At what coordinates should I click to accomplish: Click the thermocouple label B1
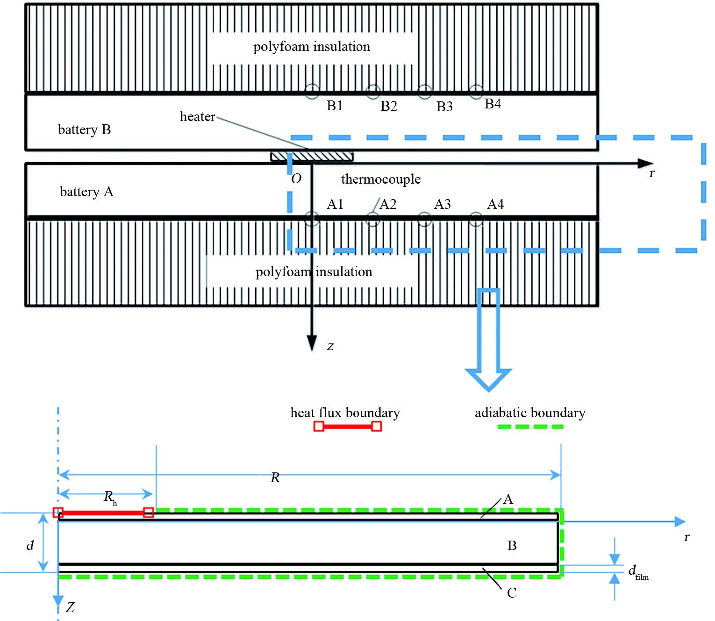(x=335, y=106)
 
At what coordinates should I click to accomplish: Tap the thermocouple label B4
(x=493, y=104)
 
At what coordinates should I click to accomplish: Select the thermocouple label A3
(x=442, y=204)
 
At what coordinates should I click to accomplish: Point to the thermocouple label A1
(x=335, y=204)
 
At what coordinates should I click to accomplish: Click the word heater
(x=197, y=116)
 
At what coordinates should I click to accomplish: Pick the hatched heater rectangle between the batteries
(x=312, y=156)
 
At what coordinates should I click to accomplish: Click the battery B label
(x=84, y=129)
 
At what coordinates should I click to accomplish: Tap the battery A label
(x=86, y=192)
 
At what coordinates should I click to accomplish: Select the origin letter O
(x=296, y=178)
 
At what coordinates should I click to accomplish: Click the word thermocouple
(x=380, y=179)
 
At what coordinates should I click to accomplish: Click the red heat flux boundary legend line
(x=347, y=426)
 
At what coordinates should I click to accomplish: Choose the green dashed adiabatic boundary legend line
(x=530, y=427)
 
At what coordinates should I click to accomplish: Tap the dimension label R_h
(x=110, y=497)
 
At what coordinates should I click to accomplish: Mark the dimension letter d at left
(x=30, y=545)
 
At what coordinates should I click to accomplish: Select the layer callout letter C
(x=512, y=593)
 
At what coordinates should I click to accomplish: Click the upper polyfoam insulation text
(x=311, y=47)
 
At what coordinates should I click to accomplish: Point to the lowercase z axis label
(x=330, y=346)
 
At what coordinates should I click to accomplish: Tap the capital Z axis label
(x=70, y=607)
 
